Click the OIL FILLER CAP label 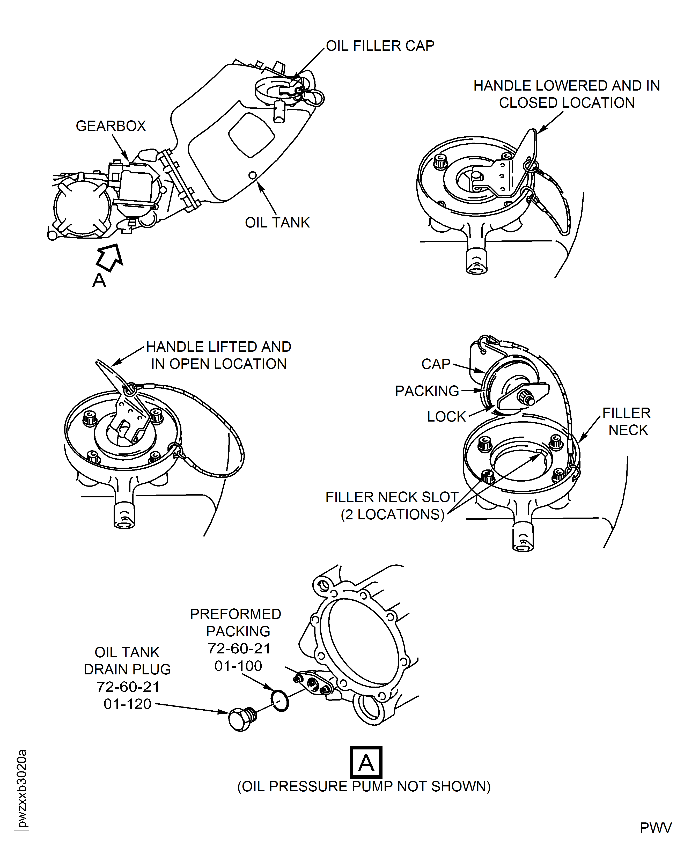(380, 46)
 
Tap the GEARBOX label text (111, 126)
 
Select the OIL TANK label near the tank (277, 223)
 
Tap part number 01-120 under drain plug (127, 704)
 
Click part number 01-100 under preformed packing (238, 666)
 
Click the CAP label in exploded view (436, 364)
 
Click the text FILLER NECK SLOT (392, 497)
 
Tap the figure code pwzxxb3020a (22, 788)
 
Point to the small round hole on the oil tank (253, 175)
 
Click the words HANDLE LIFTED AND (219, 347)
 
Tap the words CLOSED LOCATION (567, 103)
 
